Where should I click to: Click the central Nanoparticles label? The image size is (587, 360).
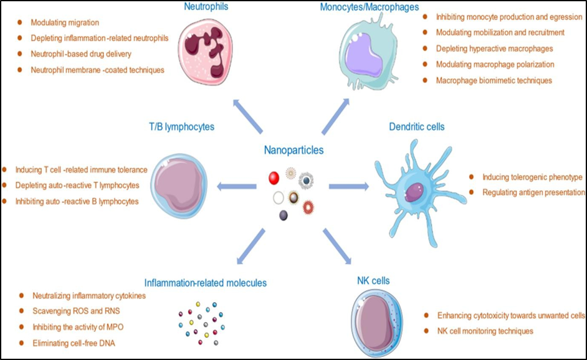294,150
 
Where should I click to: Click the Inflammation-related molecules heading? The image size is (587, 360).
206,283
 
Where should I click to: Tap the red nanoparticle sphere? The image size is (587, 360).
272,179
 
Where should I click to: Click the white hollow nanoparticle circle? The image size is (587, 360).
279,198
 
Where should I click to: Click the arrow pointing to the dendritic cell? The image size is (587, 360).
350,185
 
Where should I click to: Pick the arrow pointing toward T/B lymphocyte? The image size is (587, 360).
237,185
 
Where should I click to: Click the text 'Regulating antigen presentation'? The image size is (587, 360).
533,192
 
